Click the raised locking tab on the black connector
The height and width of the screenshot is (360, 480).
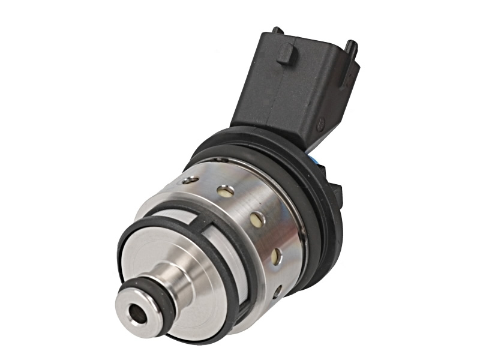pos(286,53)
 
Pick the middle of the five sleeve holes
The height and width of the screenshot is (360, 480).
pos(256,219)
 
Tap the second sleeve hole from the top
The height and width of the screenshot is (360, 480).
pos(226,192)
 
